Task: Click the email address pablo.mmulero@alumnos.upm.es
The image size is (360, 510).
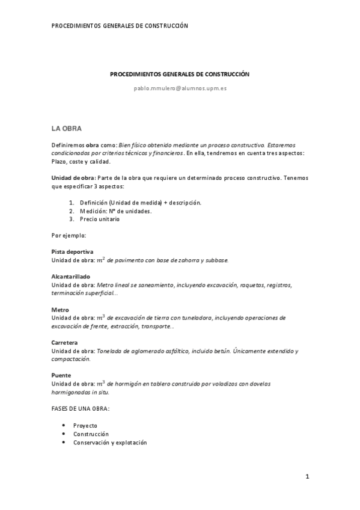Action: tap(180, 88)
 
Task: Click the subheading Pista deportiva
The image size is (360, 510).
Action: tap(72, 251)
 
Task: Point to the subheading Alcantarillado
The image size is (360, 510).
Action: tap(70, 276)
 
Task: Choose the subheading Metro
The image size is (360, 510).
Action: tap(60, 310)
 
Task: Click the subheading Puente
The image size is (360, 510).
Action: tap(61, 375)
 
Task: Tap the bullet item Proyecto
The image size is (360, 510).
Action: tap(85, 425)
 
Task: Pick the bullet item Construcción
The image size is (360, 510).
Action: tap(91, 434)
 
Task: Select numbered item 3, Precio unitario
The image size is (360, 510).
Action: tap(99, 219)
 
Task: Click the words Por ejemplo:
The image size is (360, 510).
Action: tap(69, 235)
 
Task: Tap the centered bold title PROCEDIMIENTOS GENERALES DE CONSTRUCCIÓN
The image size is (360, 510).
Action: tap(180, 74)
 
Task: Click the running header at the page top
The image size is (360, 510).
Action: tap(120, 26)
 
